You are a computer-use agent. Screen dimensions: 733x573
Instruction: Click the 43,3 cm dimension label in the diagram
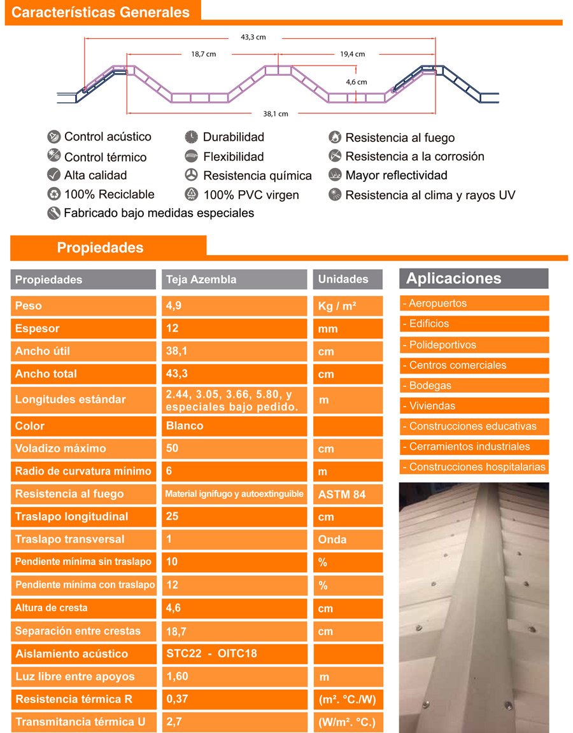(x=253, y=38)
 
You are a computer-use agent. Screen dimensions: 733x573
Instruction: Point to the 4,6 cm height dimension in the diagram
(x=357, y=82)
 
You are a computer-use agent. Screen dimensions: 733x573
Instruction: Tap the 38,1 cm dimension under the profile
(x=275, y=114)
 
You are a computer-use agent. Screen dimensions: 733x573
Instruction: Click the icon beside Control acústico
(x=53, y=137)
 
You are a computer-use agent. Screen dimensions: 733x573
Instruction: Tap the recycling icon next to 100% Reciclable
(x=53, y=195)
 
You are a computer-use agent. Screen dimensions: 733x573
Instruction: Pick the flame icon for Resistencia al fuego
(x=335, y=137)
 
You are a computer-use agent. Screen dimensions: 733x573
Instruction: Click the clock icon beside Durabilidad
(x=191, y=137)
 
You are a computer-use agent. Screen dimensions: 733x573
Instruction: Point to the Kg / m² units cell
(x=348, y=306)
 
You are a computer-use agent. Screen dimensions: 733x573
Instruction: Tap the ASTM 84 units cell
(x=348, y=494)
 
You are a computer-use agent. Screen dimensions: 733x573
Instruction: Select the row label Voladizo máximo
(x=83, y=449)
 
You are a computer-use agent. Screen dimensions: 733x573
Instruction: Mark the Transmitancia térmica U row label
(x=83, y=722)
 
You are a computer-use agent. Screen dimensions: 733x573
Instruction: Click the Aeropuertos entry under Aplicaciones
(x=474, y=304)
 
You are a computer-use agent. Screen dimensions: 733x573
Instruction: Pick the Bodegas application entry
(x=474, y=386)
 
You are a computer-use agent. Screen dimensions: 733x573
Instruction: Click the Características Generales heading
(x=101, y=13)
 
